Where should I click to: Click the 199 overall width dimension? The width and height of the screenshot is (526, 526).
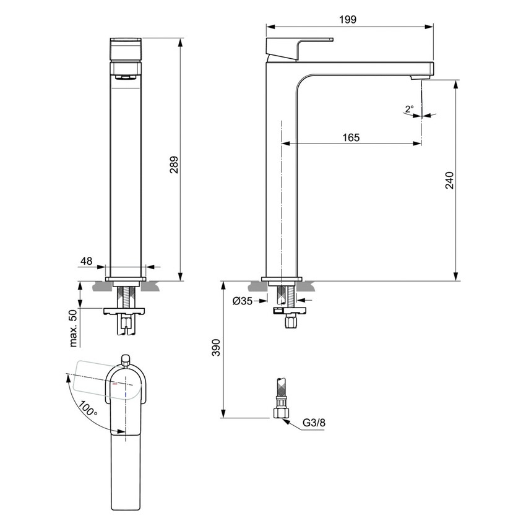click(348, 20)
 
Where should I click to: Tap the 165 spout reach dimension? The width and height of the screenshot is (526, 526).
click(350, 137)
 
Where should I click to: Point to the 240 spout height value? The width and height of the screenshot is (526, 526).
click(450, 181)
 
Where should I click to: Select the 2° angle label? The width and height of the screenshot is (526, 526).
click(409, 109)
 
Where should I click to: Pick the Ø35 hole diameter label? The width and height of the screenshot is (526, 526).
click(243, 301)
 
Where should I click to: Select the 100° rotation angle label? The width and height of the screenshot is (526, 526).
click(89, 408)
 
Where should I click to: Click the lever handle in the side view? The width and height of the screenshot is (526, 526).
click(300, 47)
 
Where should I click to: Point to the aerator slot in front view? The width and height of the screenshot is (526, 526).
click(126, 77)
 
